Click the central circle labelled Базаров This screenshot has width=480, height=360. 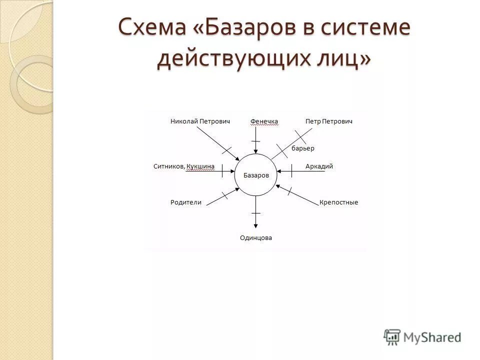coord(256,175)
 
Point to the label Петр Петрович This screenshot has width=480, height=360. coord(329,121)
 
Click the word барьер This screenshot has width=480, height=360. coord(302,148)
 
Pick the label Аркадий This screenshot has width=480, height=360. coord(319,166)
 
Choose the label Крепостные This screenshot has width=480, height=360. coord(338,202)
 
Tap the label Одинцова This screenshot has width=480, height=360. coord(256,238)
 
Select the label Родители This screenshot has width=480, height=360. coord(185,202)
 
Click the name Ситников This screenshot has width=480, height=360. coord(169,166)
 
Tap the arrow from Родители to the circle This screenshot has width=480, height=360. coord(223,196)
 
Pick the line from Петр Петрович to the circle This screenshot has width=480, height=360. coord(292,142)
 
